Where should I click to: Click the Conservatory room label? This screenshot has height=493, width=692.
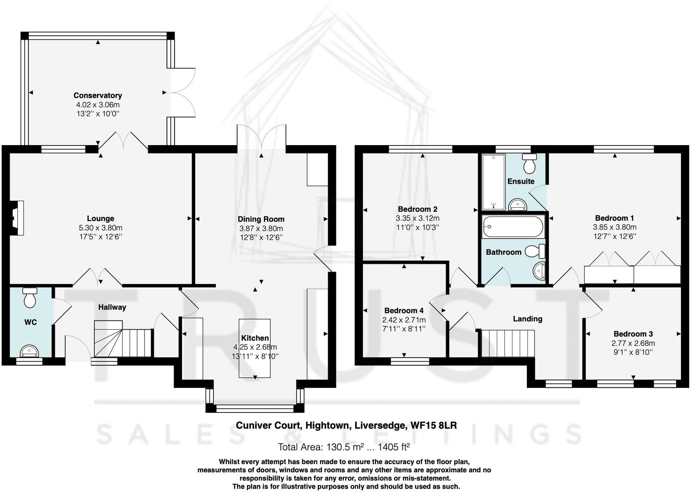pyautogui.click(x=97, y=96)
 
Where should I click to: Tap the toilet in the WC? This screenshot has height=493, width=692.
pyautogui.click(x=30, y=298)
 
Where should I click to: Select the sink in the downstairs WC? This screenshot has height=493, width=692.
pyautogui.click(x=29, y=350)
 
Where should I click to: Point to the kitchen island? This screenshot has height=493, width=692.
pyautogui.click(x=254, y=348)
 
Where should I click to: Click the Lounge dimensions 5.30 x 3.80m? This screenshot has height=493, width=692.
pyautogui.click(x=100, y=228)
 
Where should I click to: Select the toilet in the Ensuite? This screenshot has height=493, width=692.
pyautogui.click(x=529, y=163)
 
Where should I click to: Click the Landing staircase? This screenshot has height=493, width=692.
pyautogui.click(x=507, y=343)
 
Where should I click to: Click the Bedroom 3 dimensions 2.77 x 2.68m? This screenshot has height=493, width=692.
pyautogui.click(x=633, y=343)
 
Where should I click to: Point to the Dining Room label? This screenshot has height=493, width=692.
pyautogui.click(x=261, y=219)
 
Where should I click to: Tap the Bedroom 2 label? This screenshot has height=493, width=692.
pyautogui.click(x=417, y=209)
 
